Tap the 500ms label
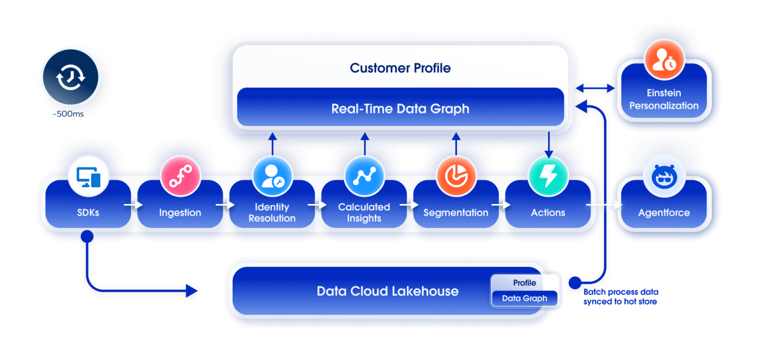click(71, 114)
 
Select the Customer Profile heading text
click(400, 68)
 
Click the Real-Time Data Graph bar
click(400, 108)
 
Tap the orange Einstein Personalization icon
click(663, 61)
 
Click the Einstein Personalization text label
click(663, 99)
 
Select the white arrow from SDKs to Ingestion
click(131, 204)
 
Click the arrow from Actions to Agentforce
click(604, 204)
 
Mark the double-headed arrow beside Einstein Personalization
click(595, 88)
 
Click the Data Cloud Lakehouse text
click(387, 291)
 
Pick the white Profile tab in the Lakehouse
click(524, 283)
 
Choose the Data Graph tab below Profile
click(524, 298)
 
